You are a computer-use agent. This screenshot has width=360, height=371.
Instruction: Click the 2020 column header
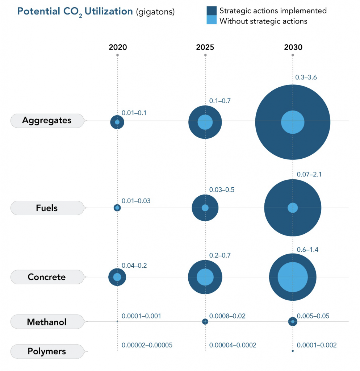click(118, 47)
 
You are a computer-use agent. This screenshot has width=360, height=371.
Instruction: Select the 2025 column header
click(205, 47)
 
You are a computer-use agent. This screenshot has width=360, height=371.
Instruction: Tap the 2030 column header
click(293, 47)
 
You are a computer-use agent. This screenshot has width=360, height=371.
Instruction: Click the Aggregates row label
click(47, 121)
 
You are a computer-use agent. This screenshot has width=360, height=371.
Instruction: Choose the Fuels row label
click(47, 208)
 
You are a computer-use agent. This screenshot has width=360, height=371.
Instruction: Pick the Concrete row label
click(47, 277)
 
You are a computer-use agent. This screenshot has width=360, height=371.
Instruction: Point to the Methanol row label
click(47, 322)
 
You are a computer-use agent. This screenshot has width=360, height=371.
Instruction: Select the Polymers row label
click(47, 351)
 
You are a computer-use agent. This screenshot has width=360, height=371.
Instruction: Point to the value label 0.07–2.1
click(309, 174)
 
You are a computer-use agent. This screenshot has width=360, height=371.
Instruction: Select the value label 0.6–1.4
click(307, 250)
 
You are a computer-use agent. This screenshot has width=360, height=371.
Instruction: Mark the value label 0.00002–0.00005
click(147, 345)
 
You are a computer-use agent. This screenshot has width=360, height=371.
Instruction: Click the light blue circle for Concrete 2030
click(293, 277)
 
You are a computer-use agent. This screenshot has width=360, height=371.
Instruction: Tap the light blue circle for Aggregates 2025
click(205, 122)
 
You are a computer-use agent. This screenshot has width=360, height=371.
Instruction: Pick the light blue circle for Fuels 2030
click(293, 208)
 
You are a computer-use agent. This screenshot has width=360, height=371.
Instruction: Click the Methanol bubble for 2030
click(293, 321)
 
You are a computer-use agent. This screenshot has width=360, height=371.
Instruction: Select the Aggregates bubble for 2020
click(117, 122)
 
